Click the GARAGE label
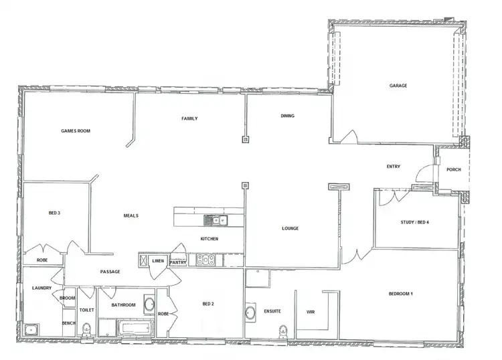[399, 86]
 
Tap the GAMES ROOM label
[75, 130]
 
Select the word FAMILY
[189, 118]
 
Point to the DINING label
[287, 116]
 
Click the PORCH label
[454, 169]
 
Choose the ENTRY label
[394, 167]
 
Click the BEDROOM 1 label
[402, 294]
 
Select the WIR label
[311, 312]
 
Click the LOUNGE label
[290, 229]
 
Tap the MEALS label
[131, 215]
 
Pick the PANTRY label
[177, 263]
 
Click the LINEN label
[158, 260]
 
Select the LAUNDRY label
[41, 288]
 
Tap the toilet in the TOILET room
[86, 329]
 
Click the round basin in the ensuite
[251, 312]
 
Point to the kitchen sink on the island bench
[216, 219]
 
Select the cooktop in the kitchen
[205, 260]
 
